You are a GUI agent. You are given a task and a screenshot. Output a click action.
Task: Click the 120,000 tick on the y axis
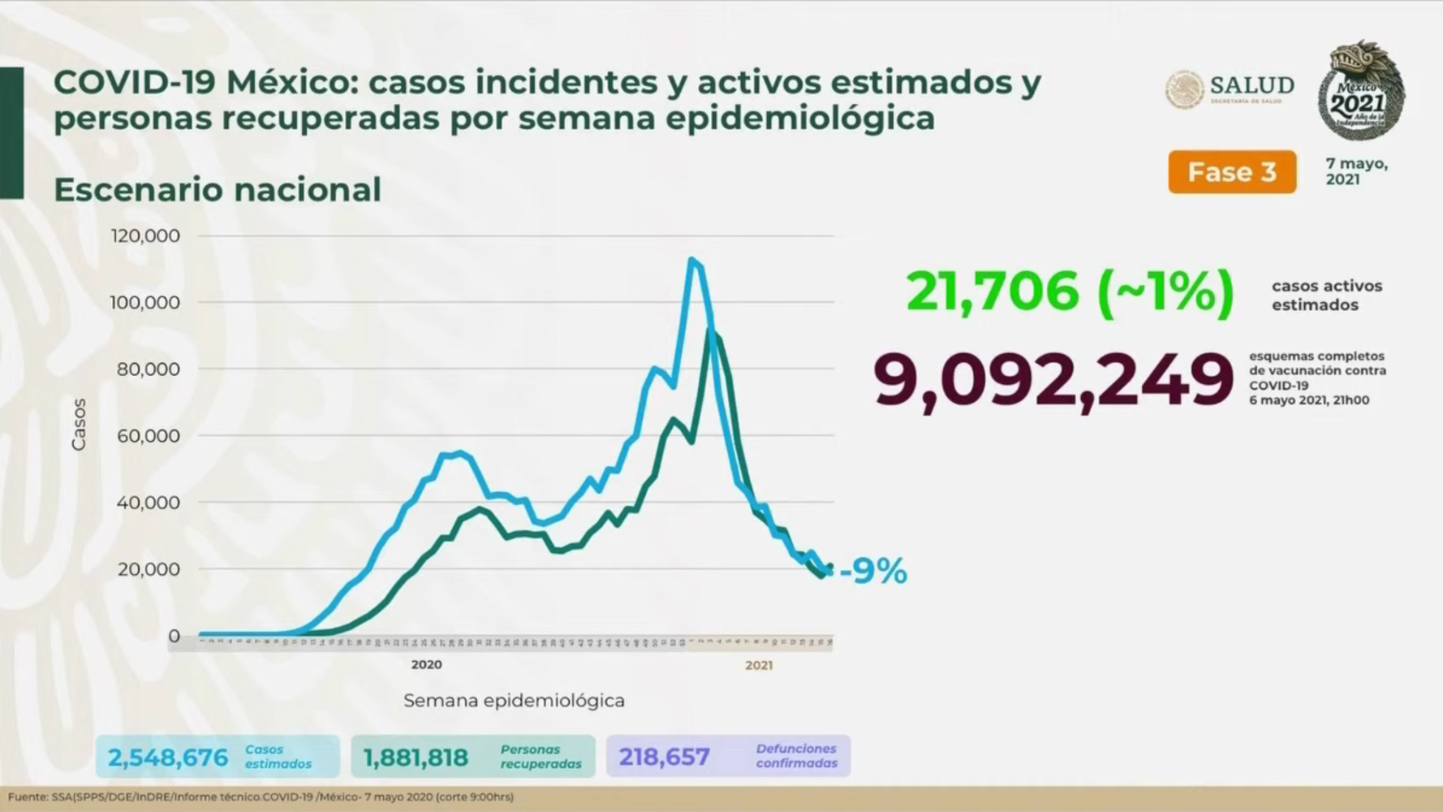pos(145,235)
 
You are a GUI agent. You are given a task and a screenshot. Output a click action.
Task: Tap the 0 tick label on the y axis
pos(174,636)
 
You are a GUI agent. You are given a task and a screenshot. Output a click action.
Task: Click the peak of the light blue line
pos(691,260)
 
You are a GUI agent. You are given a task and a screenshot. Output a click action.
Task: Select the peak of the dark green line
pos(711,330)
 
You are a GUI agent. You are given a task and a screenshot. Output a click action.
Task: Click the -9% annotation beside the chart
pos(873,572)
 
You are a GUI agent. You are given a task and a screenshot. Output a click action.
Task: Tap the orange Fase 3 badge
pos(1231,172)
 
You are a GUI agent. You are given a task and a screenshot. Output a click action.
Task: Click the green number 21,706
pos(992,291)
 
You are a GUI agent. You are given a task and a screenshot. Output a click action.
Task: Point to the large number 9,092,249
pos(1053,380)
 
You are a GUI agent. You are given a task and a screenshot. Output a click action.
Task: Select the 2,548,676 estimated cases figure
pos(168,758)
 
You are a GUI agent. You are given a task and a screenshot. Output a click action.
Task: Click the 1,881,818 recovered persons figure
pos(416,758)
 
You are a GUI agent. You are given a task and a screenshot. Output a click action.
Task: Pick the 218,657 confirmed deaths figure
pos(664,757)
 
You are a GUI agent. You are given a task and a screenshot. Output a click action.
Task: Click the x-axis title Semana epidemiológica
pos(514,701)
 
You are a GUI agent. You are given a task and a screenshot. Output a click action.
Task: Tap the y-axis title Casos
pos(79,424)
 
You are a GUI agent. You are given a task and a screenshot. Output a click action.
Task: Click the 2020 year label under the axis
pos(426,665)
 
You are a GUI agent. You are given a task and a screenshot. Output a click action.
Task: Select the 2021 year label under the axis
pos(759,666)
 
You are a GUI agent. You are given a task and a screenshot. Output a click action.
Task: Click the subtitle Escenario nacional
pos(217,190)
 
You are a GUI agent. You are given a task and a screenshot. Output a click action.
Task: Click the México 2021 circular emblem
pos(1361,91)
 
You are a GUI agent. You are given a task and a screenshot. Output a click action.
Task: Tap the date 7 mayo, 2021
pos(1356,171)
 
